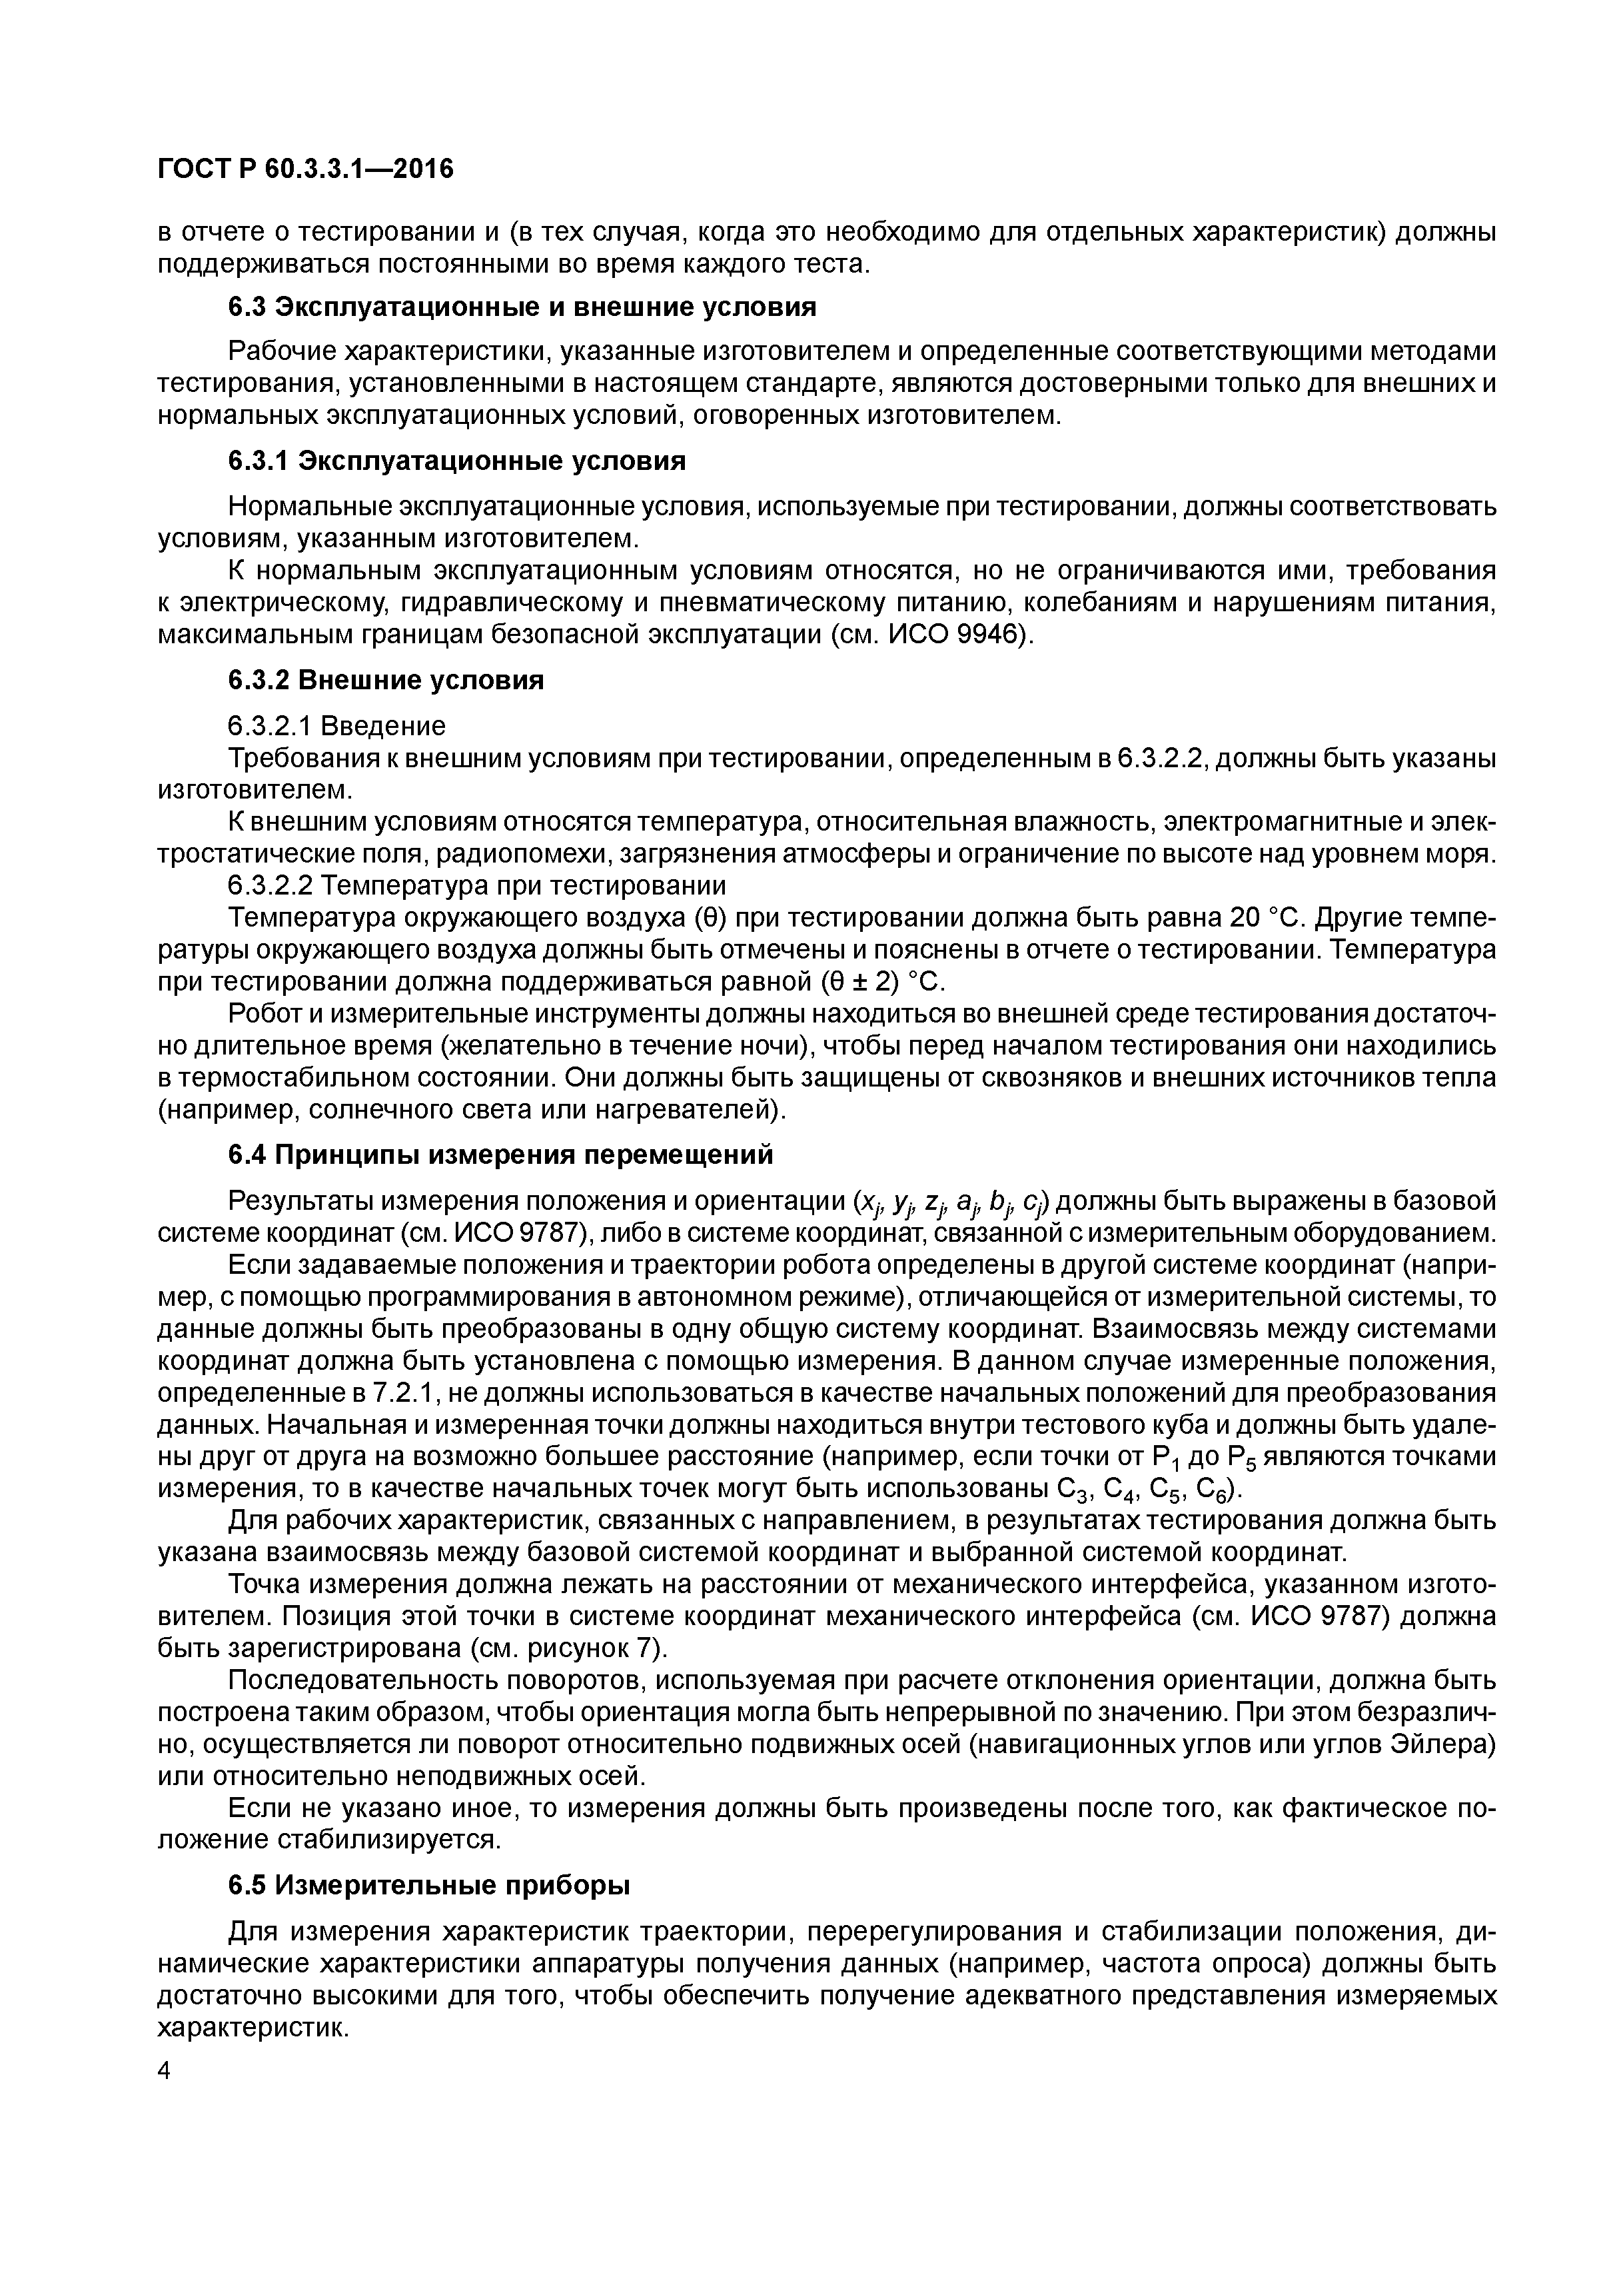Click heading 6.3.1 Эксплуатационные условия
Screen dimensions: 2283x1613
click(x=457, y=461)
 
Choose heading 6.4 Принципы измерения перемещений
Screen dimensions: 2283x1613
click(x=500, y=1154)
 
